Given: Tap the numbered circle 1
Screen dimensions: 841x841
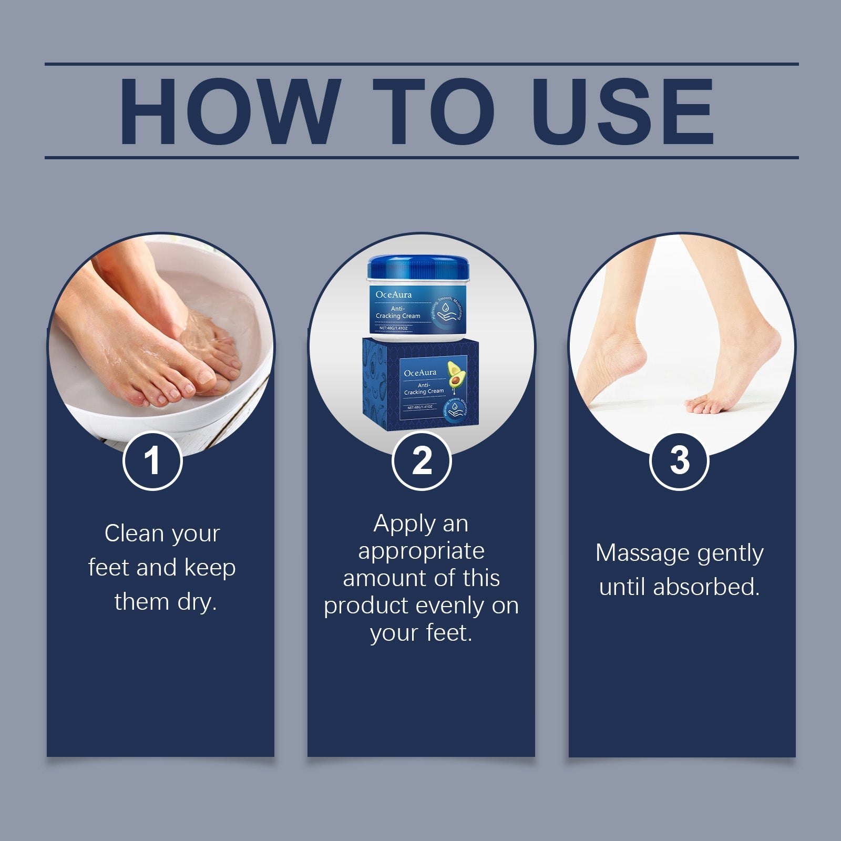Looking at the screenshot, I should pos(152,460).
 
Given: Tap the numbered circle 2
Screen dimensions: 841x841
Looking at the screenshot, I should pos(422,460).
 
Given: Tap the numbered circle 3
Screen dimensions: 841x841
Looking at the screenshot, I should pos(679,460).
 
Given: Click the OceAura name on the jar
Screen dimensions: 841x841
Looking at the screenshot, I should pos(393,294).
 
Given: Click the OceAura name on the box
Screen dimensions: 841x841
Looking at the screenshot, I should pos(420,373).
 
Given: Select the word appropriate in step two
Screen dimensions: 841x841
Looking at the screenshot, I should pos(422,551).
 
